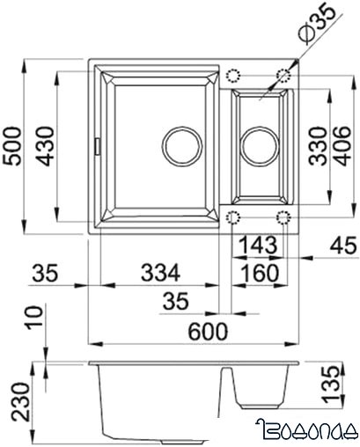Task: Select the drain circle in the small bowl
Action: click(x=259, y=143)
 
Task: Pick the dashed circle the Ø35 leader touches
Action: click(x=283, y=74)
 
